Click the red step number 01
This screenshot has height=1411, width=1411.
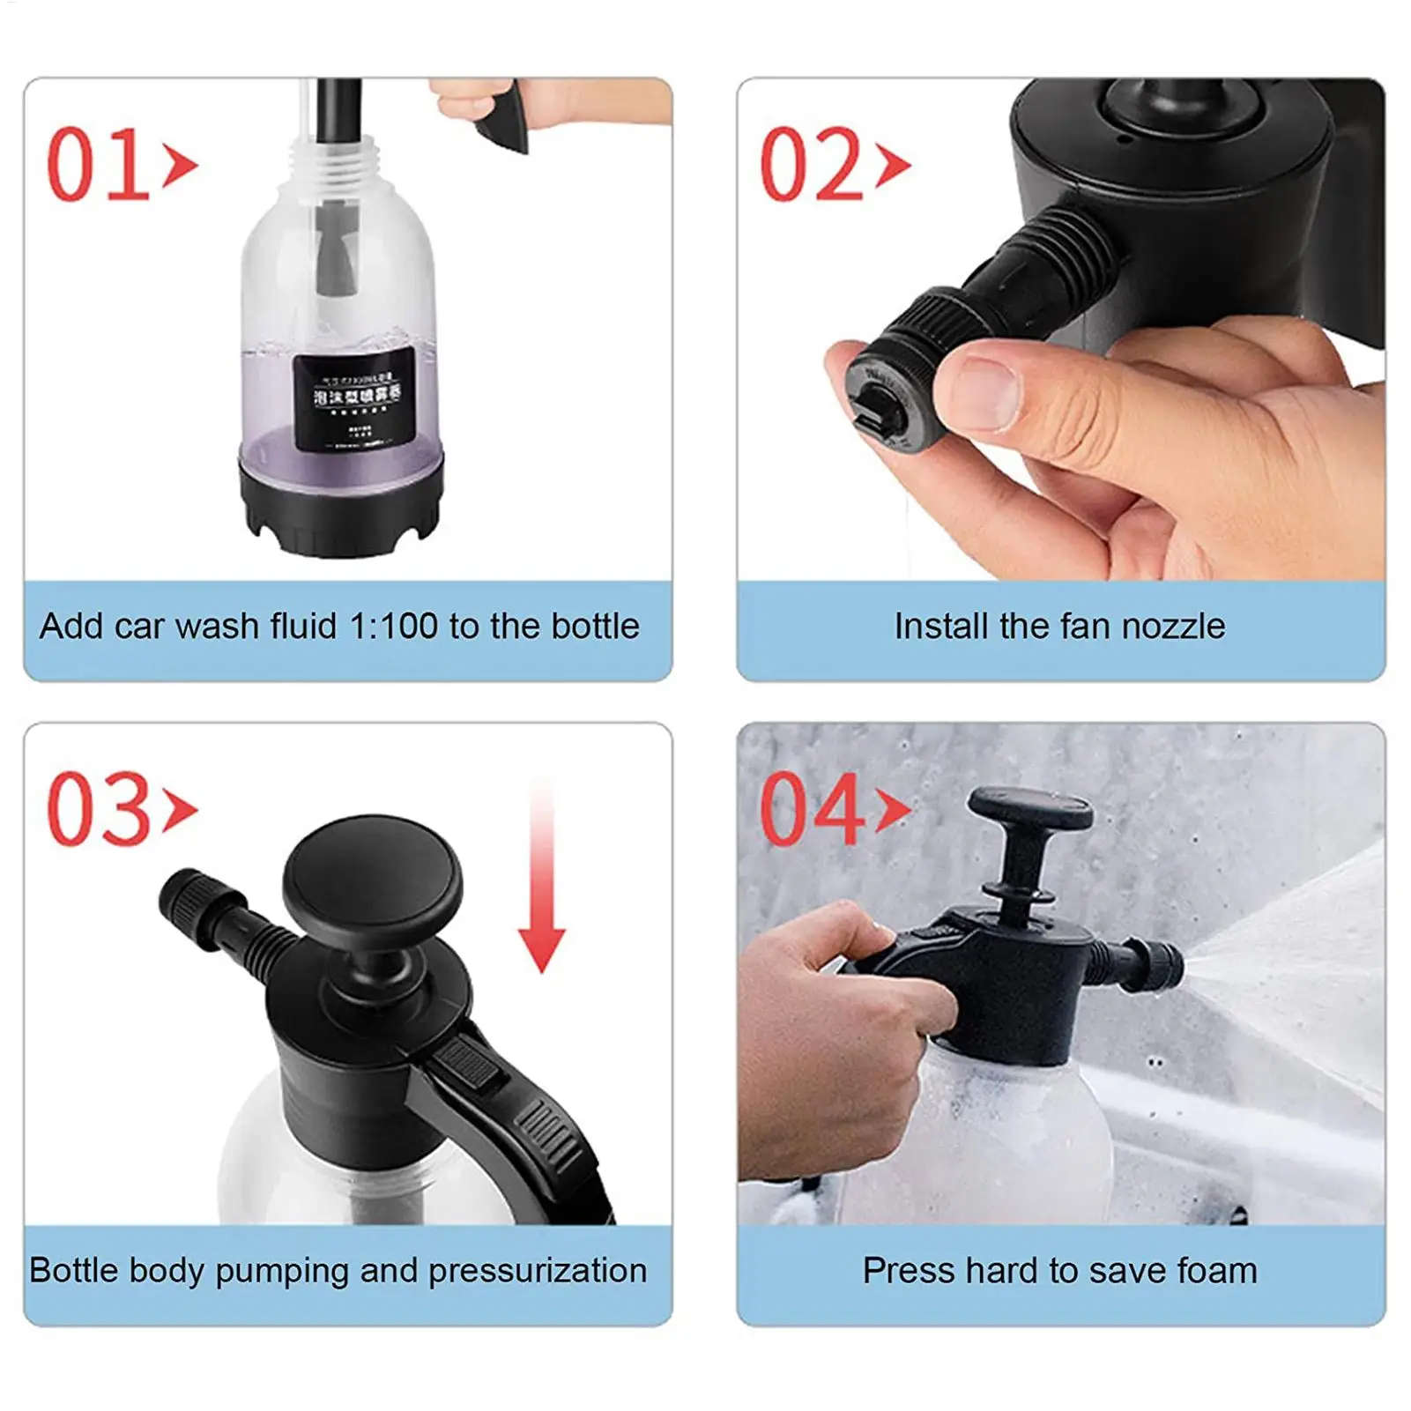[x=99, y=165]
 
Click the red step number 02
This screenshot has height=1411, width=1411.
[x=811, y=165]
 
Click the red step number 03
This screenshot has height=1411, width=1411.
[x=99, y=809]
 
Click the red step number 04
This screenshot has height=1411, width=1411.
[x=811, y=809]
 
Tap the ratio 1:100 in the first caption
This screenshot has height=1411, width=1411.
[x=394, y=627]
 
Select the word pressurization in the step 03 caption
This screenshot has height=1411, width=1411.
[x=538, y=1271]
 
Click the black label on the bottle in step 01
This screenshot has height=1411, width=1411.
[x=354, y=398]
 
